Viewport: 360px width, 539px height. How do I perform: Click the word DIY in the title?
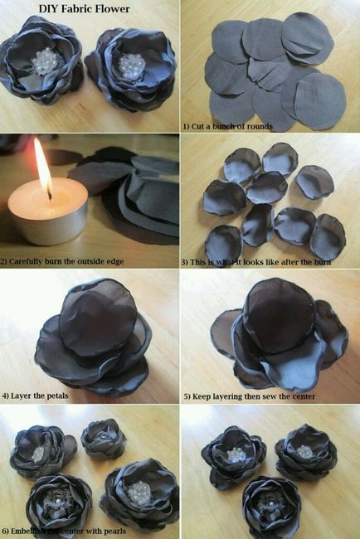[48, 8]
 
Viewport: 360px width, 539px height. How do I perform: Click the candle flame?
[43, 166]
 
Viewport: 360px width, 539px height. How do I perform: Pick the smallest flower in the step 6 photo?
[102, 440]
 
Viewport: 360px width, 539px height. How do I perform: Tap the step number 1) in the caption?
[187, 125]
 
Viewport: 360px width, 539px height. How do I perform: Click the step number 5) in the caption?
[187, 396]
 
